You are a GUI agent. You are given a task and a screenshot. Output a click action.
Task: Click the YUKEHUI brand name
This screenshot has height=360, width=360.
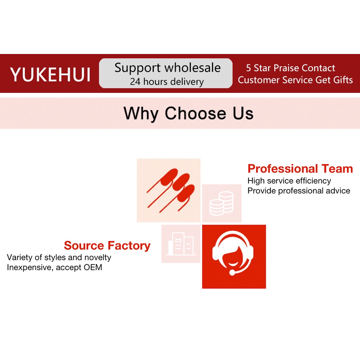(x=50, y=75)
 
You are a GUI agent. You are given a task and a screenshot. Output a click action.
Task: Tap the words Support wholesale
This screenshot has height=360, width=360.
(x=167, y=68)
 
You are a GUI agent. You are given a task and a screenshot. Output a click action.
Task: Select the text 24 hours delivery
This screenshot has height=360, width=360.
(x=167, y=82)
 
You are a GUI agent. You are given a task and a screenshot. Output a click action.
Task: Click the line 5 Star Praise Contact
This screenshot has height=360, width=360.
(x=291, y=68)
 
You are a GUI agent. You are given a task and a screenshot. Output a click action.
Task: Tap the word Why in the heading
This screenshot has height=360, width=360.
(x=141, y=113)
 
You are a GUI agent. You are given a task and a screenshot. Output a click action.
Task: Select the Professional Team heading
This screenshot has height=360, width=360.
(x=300, y=168)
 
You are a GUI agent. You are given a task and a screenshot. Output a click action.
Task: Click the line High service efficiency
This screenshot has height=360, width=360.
(x=289, y=181)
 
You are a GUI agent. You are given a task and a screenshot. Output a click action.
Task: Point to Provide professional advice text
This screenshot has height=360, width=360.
(x=299, y=191)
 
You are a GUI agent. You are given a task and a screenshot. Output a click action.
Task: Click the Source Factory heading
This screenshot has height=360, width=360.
(x=107, y=246)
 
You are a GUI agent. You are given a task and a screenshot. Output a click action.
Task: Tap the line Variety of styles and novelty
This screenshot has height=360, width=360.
(x=59, y=257)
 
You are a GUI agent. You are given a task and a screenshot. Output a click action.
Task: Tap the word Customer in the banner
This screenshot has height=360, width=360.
(x=258, y=80)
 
